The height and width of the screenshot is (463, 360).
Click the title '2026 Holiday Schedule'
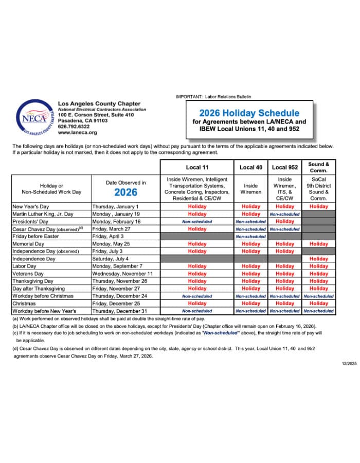[249, 113]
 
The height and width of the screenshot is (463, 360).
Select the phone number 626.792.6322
[74, 126]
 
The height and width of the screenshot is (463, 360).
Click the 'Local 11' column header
[197, 167]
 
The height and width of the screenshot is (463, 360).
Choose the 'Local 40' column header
[251, 167]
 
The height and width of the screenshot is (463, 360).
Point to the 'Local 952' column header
[285, 167]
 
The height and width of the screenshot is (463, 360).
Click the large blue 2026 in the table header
[125, 192]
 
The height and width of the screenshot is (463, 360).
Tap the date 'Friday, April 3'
[109, 236]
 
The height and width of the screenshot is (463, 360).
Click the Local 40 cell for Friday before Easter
[251, 237]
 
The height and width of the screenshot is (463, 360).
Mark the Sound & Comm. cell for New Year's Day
[319, 207]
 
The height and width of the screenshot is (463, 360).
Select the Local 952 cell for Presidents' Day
[285, 222]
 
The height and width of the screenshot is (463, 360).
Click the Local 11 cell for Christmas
[197, 304]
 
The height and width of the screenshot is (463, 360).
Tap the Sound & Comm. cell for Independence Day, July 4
[319, 259]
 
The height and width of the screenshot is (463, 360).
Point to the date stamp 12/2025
[349, 364]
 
